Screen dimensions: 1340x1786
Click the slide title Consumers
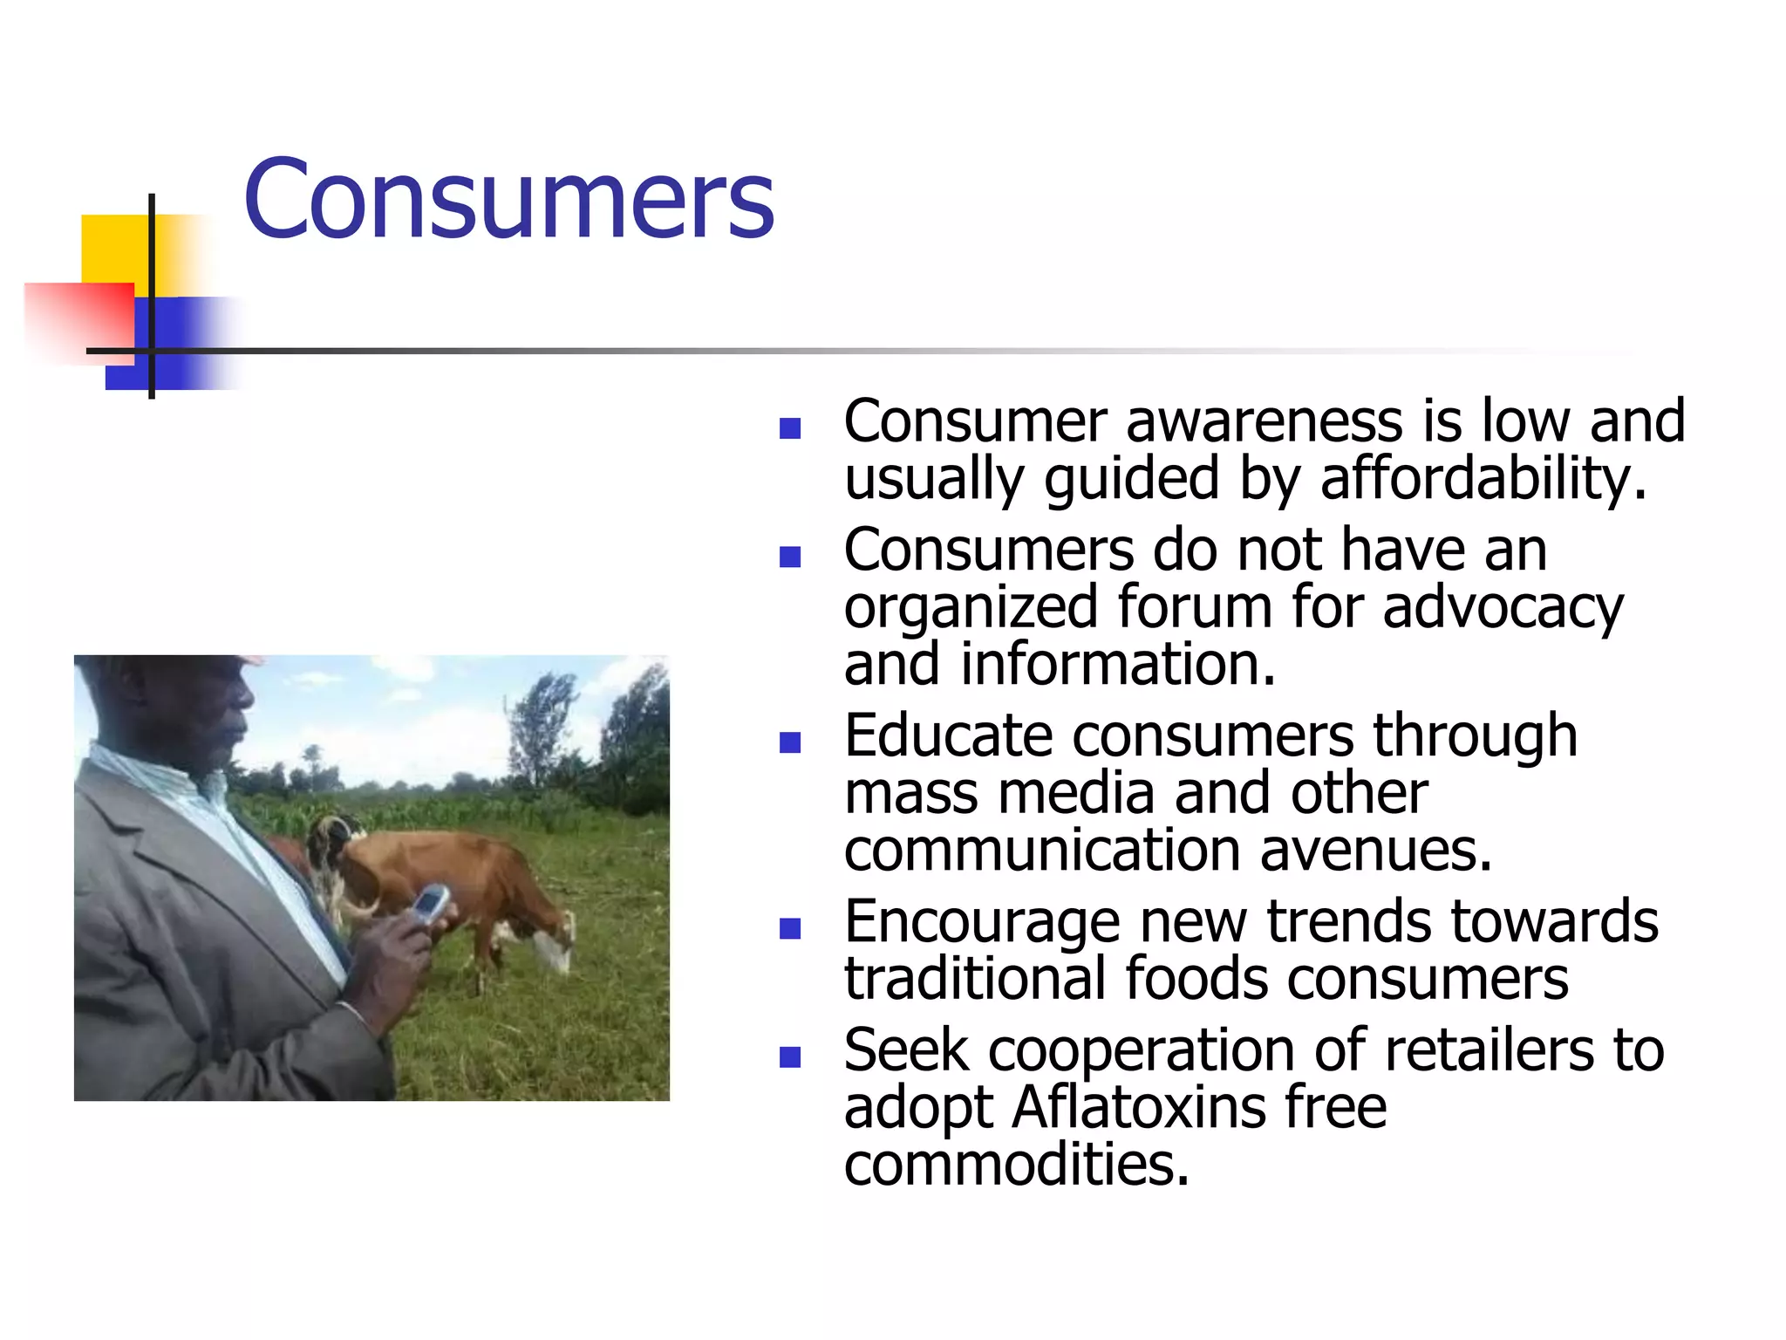tap(508, 199)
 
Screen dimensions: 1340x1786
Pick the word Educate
tap(949, 735)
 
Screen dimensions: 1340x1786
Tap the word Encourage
tap(982, 922)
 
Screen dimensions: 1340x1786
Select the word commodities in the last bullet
tap(1016, 1166)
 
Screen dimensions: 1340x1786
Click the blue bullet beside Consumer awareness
tap(790, 428)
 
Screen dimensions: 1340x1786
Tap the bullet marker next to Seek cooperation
tap(790, 1058)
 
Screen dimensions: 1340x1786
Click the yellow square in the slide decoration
tap(115, 248)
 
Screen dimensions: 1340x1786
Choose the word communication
tap(1043, 851)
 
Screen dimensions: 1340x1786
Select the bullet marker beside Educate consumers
tap(790, 743)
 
